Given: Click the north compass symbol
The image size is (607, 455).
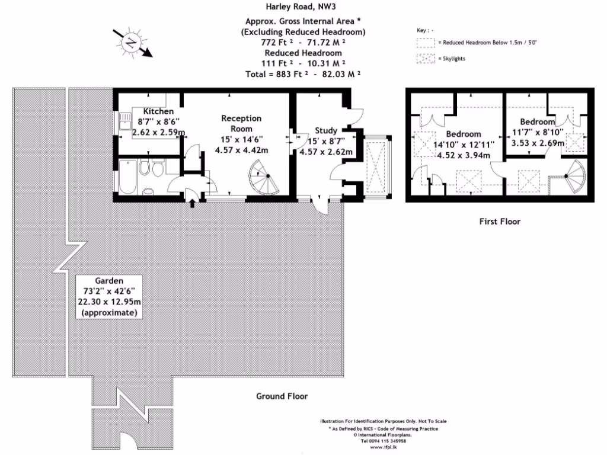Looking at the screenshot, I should (x=131, y=42).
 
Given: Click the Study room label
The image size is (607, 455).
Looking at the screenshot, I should (x=326, y=131).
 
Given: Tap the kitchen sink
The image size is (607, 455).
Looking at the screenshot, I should (x=126, y=123).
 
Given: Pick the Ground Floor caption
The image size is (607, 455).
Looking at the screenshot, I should (x=282, y=396).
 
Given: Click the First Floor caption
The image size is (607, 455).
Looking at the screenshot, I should (x=499, y=222).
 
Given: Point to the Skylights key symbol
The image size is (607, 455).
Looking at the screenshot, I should (x=426, y=59).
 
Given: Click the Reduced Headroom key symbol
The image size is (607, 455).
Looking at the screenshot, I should (x=426, y=43).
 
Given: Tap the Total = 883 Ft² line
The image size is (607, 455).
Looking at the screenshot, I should (x=303, y=74).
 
